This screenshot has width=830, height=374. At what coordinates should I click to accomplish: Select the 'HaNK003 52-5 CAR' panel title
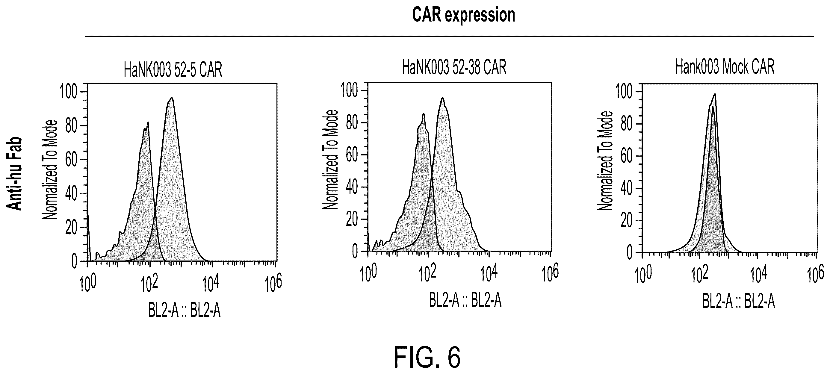pos(173,69)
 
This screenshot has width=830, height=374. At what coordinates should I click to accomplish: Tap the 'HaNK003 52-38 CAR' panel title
pos(454,68)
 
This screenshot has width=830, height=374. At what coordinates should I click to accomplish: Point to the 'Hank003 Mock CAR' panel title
pos(725,67)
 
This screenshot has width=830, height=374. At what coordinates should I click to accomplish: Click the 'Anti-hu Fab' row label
pos(14,174)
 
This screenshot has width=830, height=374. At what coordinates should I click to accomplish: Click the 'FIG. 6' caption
pos(427,357)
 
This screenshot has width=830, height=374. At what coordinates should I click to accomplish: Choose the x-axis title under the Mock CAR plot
pos(739,302)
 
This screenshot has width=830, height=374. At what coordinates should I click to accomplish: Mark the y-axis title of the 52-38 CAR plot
pos(330,160)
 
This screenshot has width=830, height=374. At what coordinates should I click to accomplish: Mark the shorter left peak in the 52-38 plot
pos(423,113)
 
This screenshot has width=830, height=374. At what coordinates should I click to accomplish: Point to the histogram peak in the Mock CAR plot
pos(715,94)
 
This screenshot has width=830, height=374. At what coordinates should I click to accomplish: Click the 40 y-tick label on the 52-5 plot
pos(72,194)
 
